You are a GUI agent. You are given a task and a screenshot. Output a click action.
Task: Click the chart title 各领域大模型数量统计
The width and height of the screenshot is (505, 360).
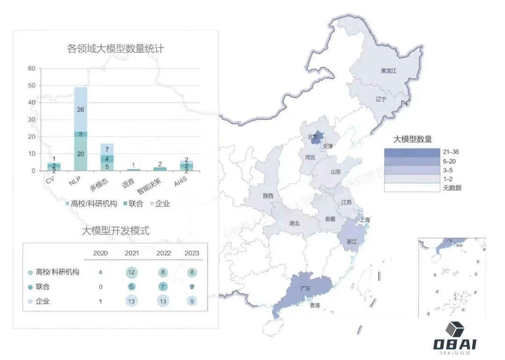coord(116,49)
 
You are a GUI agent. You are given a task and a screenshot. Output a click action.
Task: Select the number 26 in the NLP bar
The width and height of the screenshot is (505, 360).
coord(80,110)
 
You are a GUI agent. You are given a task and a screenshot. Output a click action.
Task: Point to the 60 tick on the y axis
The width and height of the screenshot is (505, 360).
coord(32,69)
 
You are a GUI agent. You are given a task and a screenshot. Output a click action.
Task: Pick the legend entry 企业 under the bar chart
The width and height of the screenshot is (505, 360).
coord(160,203)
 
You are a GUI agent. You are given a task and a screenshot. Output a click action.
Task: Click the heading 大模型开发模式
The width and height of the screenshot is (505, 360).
coord(115,230)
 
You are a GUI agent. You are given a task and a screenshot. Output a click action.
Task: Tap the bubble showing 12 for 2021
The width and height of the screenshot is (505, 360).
coord(131,272)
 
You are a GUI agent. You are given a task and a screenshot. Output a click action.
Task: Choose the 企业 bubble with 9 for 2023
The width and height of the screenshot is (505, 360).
coord(192,302)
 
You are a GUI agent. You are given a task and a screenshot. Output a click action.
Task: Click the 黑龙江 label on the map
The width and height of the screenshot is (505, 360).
coord(388,71)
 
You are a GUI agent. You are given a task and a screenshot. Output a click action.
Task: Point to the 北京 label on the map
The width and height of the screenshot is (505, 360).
coord(312,137)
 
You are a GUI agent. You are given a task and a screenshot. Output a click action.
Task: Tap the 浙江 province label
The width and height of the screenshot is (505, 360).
coord(352,242)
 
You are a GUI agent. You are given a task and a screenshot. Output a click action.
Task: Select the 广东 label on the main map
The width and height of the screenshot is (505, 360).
coord(305,288)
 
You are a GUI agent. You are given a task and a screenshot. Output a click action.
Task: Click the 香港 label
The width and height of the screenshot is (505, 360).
coord(315,305)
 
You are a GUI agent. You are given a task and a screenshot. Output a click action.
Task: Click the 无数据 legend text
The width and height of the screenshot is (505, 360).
coord(453,188)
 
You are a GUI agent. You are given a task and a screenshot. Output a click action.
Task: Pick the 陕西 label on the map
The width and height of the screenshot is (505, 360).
coord(268,195)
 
